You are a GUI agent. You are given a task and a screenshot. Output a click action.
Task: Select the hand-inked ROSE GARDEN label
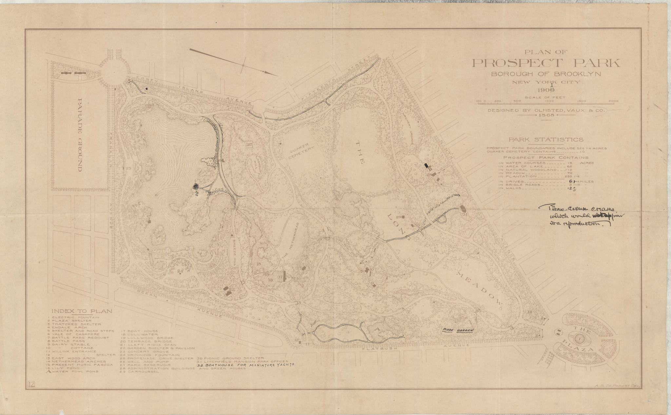point(458,330)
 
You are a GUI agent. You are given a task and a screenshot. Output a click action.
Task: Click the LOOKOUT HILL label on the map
point(258,162)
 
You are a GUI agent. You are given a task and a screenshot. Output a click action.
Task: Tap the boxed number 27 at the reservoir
point(250,145)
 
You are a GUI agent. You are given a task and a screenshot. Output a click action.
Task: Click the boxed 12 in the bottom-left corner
point(31,385)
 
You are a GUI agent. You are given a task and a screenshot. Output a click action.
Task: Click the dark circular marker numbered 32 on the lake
point(196,187)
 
